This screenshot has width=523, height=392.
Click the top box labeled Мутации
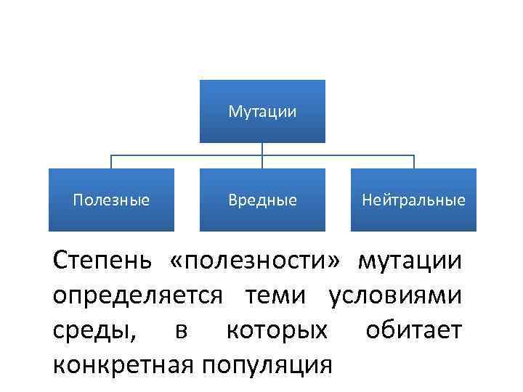(262, 111)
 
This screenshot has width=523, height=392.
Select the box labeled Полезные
(111, 200)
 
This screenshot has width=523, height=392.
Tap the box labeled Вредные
(262, 200)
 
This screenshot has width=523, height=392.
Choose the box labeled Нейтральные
(413, 200)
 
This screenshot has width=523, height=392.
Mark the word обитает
(413, 330)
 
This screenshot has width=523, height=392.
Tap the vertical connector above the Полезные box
(111, 162)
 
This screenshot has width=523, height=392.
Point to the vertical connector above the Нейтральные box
(413, 162)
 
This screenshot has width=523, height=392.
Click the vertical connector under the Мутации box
(262, 149)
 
